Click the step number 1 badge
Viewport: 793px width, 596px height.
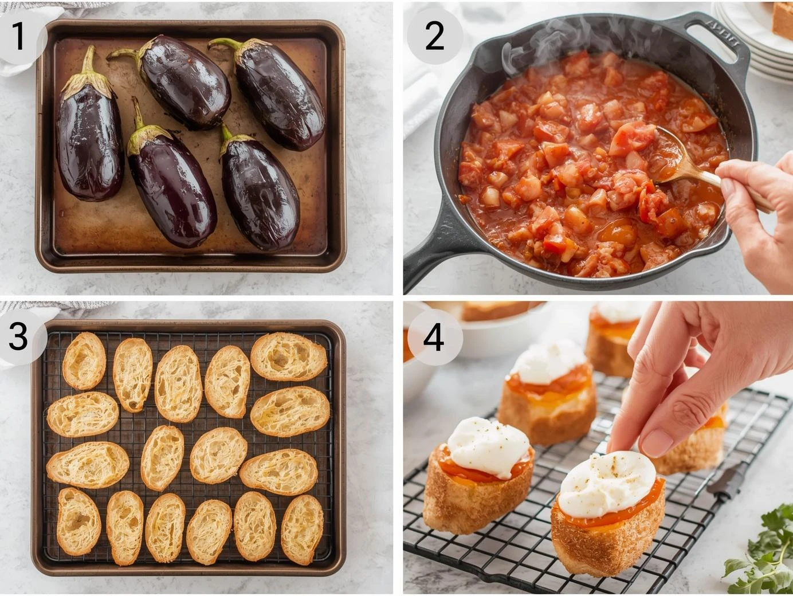[19, 36]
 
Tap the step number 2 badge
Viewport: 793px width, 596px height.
[435, 36]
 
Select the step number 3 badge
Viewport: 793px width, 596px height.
[18, 336]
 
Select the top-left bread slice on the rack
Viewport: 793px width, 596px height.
[84, 360]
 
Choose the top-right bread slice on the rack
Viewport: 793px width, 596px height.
[288, 356]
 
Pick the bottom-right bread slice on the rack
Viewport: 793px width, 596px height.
[302, 530]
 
